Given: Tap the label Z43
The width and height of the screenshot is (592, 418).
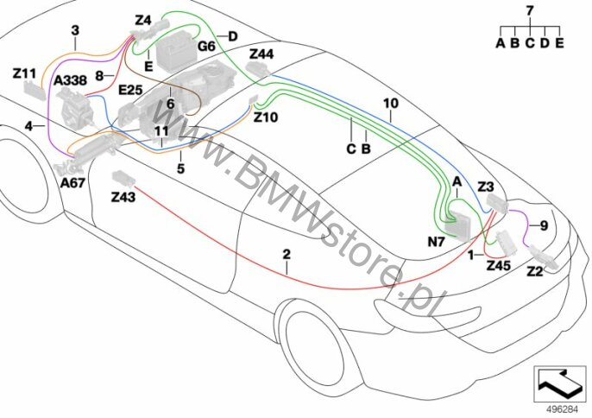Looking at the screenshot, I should click(x=123, y=198).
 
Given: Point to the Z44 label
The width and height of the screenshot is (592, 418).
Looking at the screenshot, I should click(x=261, y=54).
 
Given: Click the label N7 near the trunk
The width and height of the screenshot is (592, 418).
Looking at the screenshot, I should click(x=436, y=243).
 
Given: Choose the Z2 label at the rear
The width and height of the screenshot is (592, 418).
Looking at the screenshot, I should click(x=535, y=271).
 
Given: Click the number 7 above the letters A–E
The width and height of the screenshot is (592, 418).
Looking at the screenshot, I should click(x=530, y=10).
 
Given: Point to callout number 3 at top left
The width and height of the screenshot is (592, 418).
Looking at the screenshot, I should click(x=75, y=30).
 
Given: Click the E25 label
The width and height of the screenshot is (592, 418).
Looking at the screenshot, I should click(x=130, y=89).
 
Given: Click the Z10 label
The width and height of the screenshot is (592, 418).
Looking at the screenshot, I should click(x=266, y=118).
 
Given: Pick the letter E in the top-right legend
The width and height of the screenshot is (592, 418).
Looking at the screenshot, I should click(x=559, y=41).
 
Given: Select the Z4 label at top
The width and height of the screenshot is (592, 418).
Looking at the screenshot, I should click(x=143, y=19).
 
